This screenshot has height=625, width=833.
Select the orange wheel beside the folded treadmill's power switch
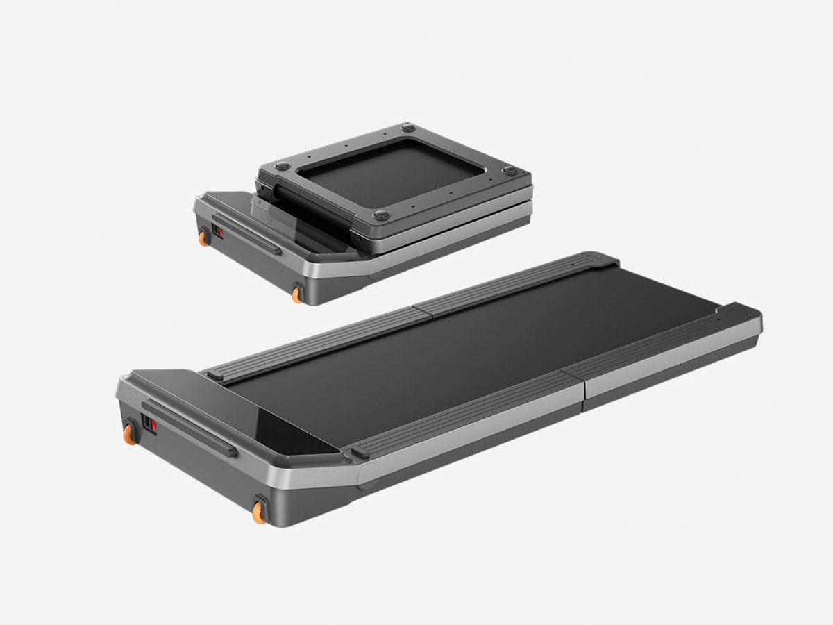203,238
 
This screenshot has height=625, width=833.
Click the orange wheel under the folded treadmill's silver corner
297,294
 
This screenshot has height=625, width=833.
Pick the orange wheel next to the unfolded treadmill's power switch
129,433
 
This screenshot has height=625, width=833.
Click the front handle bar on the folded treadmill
247,235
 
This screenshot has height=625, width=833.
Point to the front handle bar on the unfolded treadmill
189,428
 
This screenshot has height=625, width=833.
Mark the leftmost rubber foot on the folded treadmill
282,166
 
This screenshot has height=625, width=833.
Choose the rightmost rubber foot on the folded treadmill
510,170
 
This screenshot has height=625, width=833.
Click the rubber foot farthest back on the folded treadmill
408,128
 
